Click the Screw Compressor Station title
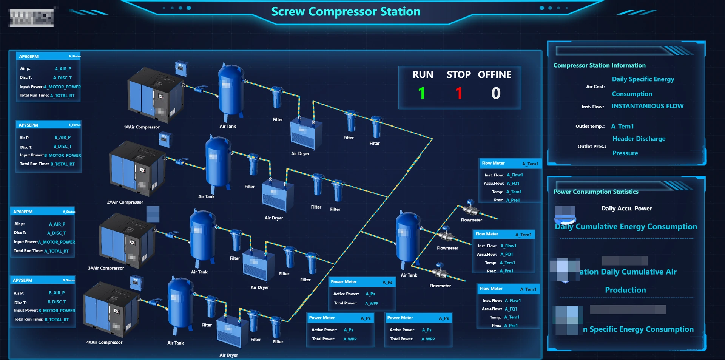coord(346,12)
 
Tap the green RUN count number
coord(422,93)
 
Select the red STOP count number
coord(459,93)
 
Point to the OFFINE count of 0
coord(496,93)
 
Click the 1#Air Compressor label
coord(142,127)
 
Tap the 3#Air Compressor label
coord(106,268)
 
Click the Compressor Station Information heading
coord(599,65)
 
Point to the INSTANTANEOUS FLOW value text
coord(647,106)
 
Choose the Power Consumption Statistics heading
coord(596,192)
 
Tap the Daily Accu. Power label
coord(626,209)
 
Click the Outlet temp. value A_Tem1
coord(622,127)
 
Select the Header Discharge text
coord(639,139)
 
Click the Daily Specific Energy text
coord(643,79)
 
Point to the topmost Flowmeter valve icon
coord(470,208)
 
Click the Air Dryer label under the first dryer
coord(300,154)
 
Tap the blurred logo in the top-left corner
coord(31,17)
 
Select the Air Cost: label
coord(595,87)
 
